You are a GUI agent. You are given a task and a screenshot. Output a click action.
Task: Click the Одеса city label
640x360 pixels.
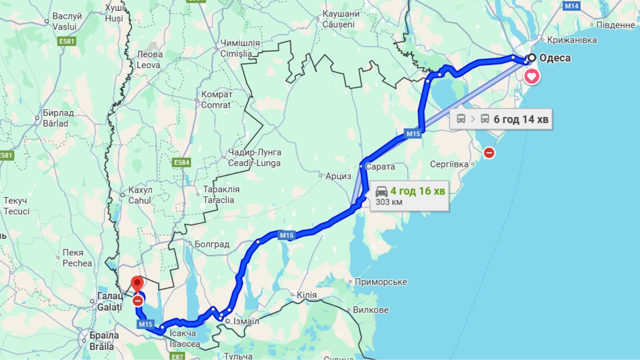coord(555,58)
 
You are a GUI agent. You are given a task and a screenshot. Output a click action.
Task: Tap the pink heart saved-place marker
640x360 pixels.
coord(532,76)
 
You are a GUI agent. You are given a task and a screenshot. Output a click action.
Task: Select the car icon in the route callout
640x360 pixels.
coord(381,191)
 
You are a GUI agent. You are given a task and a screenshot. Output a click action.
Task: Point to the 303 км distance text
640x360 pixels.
coord(389,202)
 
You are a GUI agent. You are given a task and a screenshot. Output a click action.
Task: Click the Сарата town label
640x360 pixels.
coord(380,166)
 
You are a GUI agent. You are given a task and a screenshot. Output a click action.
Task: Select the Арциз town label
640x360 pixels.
coord(338,176)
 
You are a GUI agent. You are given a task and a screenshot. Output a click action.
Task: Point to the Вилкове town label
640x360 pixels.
coord(371,310)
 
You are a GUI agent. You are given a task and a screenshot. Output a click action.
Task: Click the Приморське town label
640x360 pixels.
coord(381,282)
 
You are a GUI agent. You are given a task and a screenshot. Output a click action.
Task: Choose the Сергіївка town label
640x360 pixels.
coord(449,164)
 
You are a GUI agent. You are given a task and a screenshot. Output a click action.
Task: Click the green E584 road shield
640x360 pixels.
coord(181,163)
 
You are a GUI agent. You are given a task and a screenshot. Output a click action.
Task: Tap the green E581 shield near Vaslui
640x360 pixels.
coord(67,41)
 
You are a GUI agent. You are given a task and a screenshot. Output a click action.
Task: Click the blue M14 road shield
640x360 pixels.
coord(572,6)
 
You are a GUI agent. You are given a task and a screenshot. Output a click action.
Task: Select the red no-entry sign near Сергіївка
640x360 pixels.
coord(489,153)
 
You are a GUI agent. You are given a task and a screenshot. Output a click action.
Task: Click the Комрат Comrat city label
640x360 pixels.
coord(216,99)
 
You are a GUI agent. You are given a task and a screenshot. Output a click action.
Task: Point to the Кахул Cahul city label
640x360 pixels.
coord(140,195)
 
